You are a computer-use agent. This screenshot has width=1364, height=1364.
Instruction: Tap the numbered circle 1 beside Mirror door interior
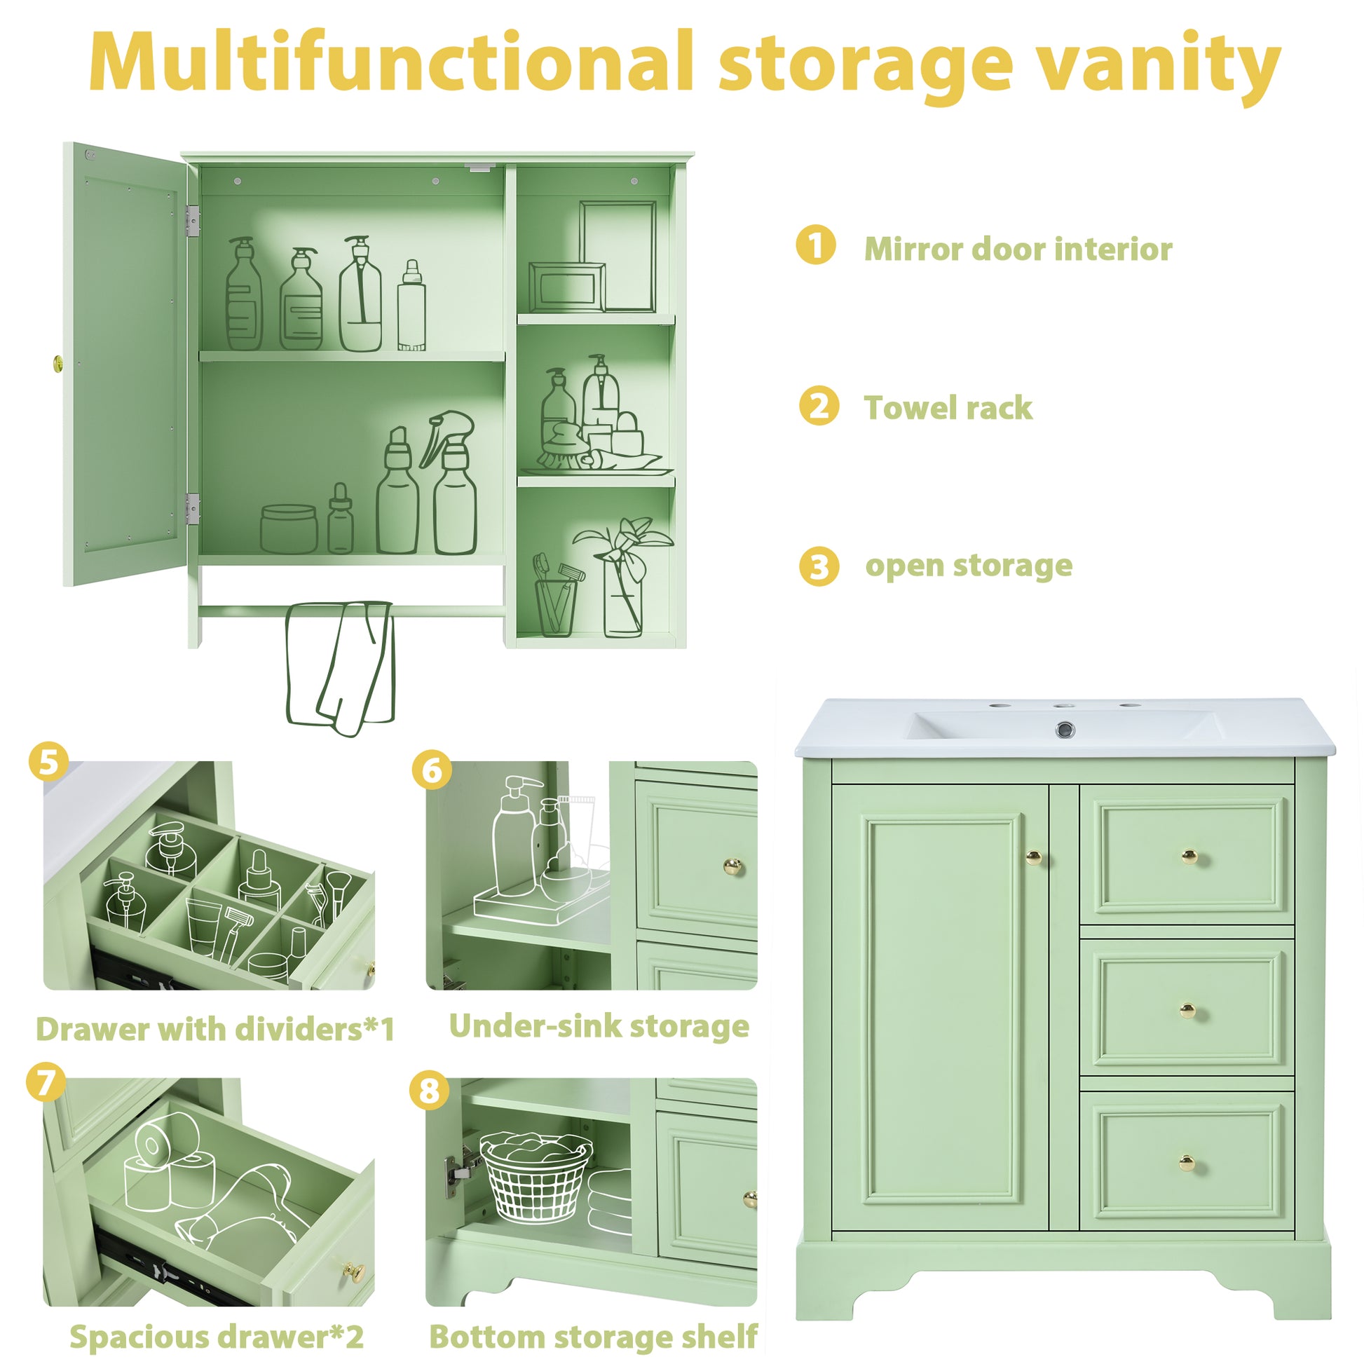pyautogui.click(x=815, y=246)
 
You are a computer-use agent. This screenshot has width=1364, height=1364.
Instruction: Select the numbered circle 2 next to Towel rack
pyautogui.click(x=818, y=406)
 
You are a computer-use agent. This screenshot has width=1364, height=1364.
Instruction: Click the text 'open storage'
pyautogui.click(x=969, y=566)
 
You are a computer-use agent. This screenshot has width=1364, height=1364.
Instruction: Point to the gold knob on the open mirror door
pyautogui.click(x=59, y=364)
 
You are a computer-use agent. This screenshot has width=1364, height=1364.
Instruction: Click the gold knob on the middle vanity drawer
pyautogui.click(x=1188, y=1011)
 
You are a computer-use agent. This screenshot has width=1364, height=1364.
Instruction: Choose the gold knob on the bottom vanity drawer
pyautogui.click(x=1188, y=1163)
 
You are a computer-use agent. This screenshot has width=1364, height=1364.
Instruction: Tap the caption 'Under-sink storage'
pyautogui.click(x=599, y=1027)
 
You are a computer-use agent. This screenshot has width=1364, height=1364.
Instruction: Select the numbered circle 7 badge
pyautogui.click(x=46, y=1082)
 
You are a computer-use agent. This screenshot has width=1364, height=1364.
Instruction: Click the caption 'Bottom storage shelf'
pyautogui.click(x=593, y=1337)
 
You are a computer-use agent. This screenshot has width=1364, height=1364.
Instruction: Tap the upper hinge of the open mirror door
pyautogui.click(x=192, y=220)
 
